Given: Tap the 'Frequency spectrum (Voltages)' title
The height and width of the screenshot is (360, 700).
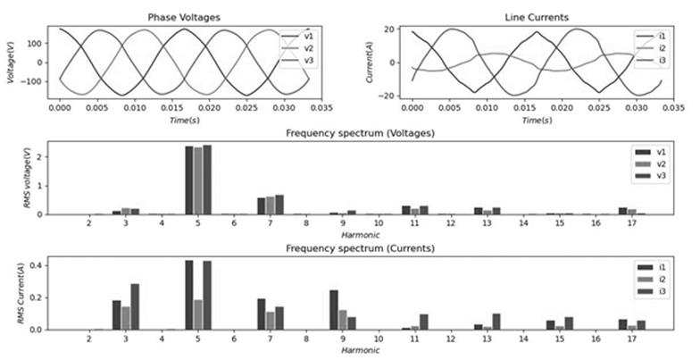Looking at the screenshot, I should pos(356,131).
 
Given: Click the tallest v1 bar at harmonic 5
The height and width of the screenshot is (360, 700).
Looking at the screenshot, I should pos(189,180).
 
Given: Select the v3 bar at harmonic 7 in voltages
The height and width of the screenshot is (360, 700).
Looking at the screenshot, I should pos(279,205).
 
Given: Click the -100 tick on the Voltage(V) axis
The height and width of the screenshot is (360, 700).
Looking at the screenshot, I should pos(39,81).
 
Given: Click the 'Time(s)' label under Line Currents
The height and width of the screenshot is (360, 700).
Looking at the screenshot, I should pos(531,120).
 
